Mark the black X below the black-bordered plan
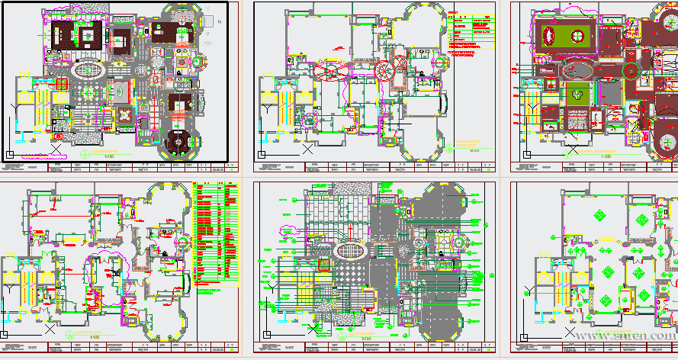(x=56, y=149)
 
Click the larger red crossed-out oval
(x=333, y=69)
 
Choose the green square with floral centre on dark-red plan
(x=577, y=95)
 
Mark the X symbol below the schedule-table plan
(x=50, y=329)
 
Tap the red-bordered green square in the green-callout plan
(x=324, y=265)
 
